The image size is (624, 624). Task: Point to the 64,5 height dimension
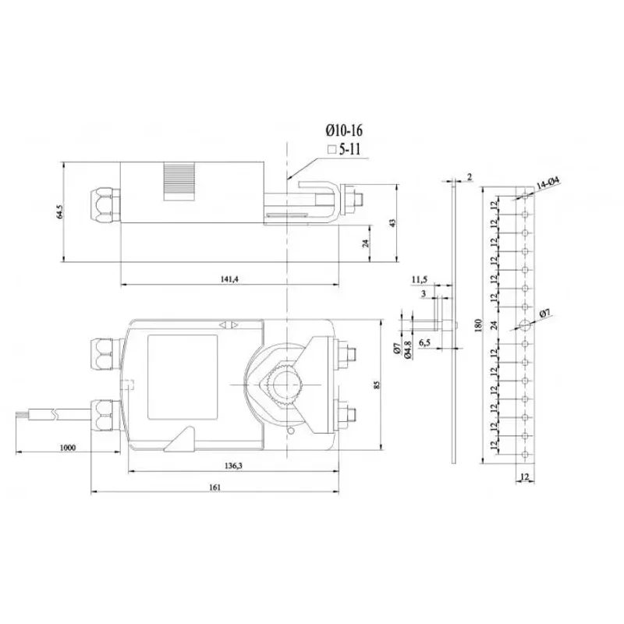[x=60, y=212]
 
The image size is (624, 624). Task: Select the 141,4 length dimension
[x=229, y=279]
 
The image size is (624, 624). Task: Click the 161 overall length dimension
[x=215, y=487]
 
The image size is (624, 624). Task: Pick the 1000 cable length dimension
[x=69, y=448]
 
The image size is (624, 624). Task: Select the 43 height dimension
[x=394, y=222]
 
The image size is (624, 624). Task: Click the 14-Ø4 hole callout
[x=548, y=183]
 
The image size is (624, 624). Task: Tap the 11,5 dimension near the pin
[x=420, y=278]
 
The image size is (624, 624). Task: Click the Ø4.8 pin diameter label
[x=408, y=353]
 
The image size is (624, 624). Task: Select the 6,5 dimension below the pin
[x=426, y=343]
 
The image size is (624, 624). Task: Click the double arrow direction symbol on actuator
[x=230, y=324]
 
